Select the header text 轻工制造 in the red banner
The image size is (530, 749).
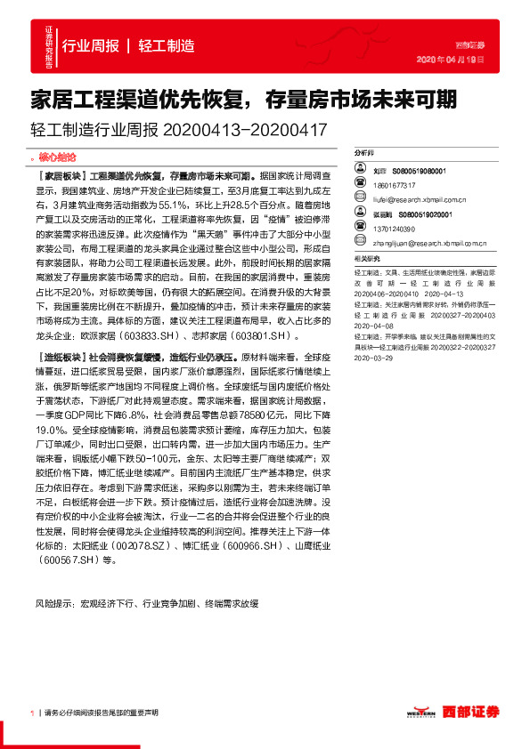click(x=167, y=45)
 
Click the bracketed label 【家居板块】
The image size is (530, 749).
click(x=59, y=176)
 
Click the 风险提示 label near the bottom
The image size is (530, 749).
click(x=54, y=602)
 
